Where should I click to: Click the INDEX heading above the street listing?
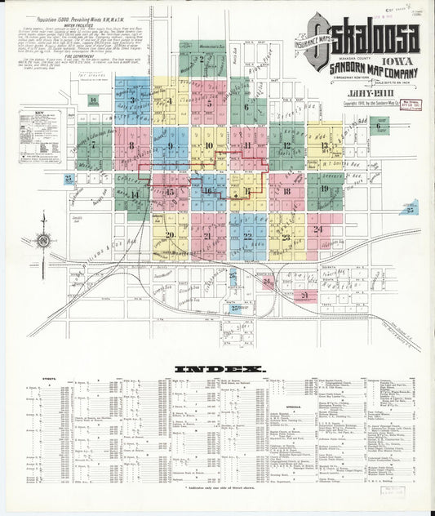coord(220,369)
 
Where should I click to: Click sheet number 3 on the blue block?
coord(132,100)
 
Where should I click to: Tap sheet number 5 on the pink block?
coord(210,104)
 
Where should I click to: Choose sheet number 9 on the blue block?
coord(171,146)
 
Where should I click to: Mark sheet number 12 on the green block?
coord(286,146)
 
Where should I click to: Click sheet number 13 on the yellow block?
coord(324,148)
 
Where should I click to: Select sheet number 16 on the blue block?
coord(208,191)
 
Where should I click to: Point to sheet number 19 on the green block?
coord(324,189)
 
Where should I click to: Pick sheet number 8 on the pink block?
coord(131,145)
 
